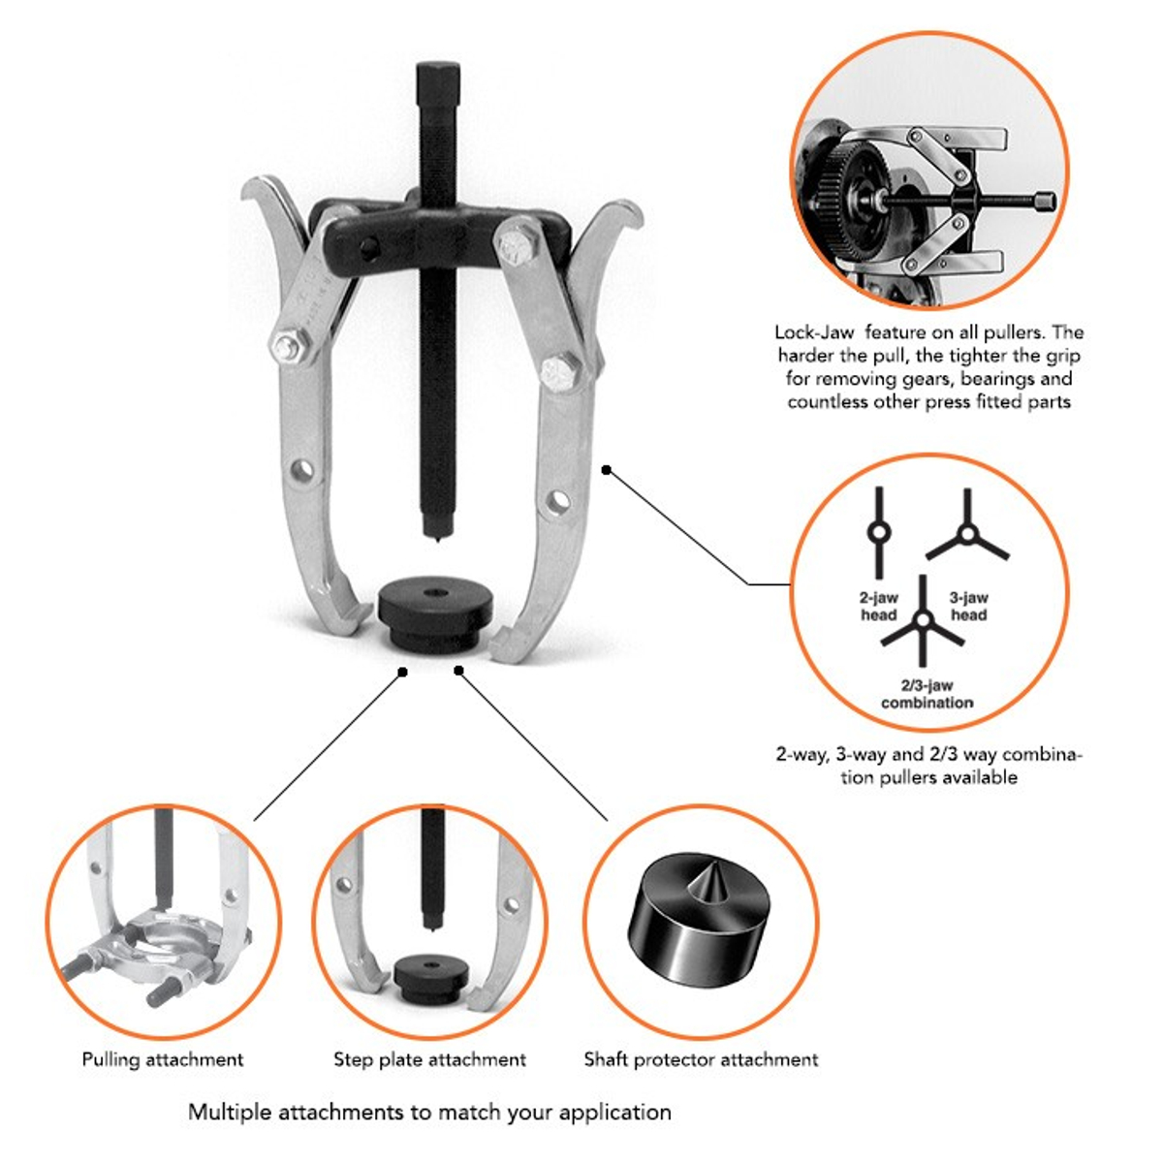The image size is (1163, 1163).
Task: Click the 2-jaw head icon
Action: pos(878,533)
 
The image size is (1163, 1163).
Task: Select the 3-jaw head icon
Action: pos(967,533)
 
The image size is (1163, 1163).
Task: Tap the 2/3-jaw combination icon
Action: pos(923,620)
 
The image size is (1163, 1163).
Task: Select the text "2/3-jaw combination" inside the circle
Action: pos(927,694)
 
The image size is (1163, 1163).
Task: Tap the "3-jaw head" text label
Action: pos(968,606)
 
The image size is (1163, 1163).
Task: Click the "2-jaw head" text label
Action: pos(879,606)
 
